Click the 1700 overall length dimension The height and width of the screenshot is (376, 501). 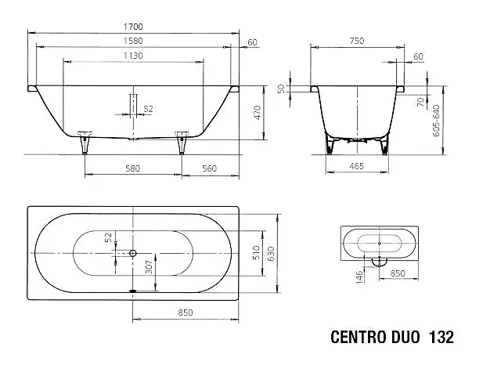click(x=133, y=27)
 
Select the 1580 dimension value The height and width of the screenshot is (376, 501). click(x=133, y=41)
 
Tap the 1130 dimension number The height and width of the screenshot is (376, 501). click(x=133, y=56)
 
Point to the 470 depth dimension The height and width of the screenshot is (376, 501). click(x=258, y=112)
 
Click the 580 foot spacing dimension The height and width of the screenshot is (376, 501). click(x=132, y=168)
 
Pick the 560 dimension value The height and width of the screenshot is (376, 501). click(x=209, y=168)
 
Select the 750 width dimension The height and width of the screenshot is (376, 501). click(x=357, y=41)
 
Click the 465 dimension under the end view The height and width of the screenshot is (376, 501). click(x=357, y=166)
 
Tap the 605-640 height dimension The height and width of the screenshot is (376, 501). click(x=437, y=121)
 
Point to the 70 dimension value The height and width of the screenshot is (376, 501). click(x=421, y=102)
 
